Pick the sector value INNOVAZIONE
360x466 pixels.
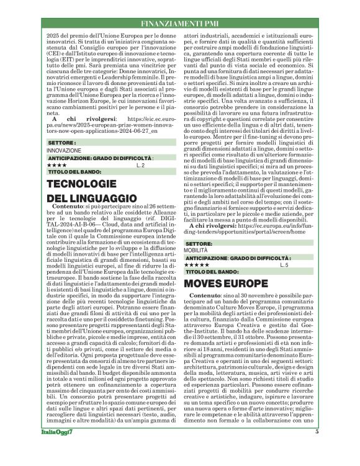(x=64, y=151)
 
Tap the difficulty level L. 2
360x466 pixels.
(x=141, y=165)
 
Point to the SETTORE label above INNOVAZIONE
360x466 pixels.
(x=61, y=143)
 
